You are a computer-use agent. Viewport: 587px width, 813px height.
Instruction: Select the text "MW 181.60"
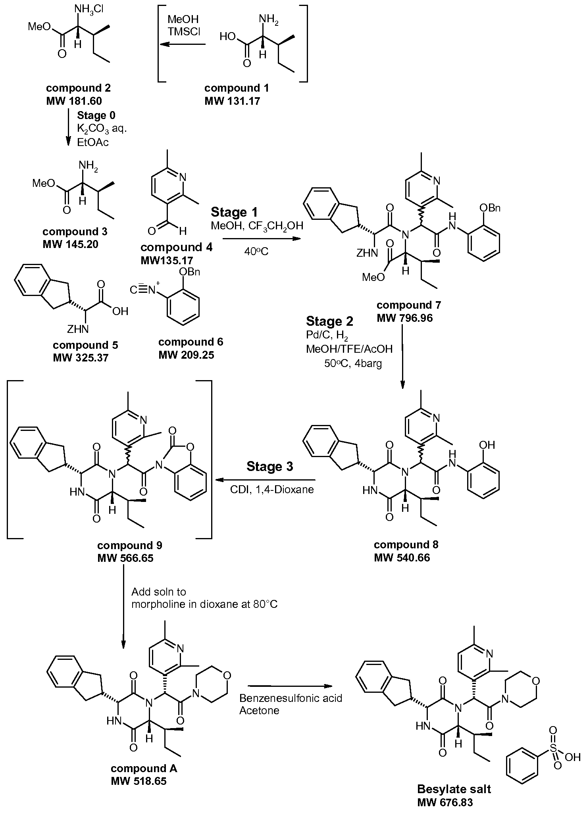(74, 101)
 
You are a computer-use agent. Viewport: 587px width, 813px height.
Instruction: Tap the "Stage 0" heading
(96, 115)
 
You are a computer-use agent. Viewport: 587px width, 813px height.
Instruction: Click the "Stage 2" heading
(329, 321)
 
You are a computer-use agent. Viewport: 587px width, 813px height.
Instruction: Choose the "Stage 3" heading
(269, 466)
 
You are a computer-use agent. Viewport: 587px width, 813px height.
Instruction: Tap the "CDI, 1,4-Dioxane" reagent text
(272, 490)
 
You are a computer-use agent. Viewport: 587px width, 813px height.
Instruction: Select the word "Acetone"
(259, 710)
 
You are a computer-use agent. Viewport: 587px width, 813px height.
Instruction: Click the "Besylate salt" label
(454, 788)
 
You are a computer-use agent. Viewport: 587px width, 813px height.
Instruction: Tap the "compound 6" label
(191, 342)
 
